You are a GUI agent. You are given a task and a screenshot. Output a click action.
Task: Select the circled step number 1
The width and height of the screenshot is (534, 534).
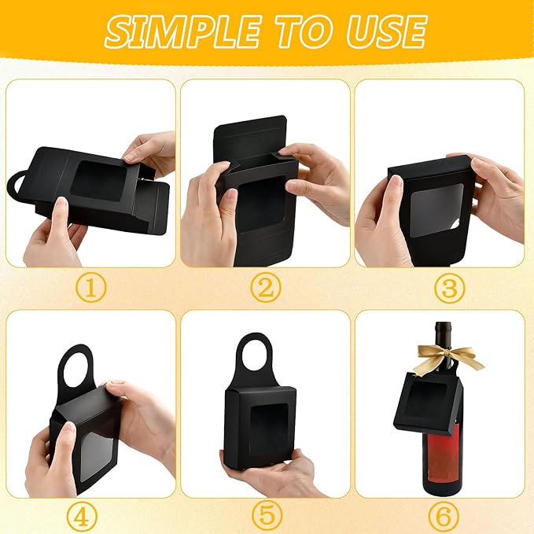tap(92, 288)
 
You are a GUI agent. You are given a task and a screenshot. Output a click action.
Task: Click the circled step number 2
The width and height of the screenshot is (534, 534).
tap(266, 288)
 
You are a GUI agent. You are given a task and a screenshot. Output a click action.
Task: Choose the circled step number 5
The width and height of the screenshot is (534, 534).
tap(266, 516)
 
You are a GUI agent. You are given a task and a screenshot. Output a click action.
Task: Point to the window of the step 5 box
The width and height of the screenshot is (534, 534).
tap(266, 424)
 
